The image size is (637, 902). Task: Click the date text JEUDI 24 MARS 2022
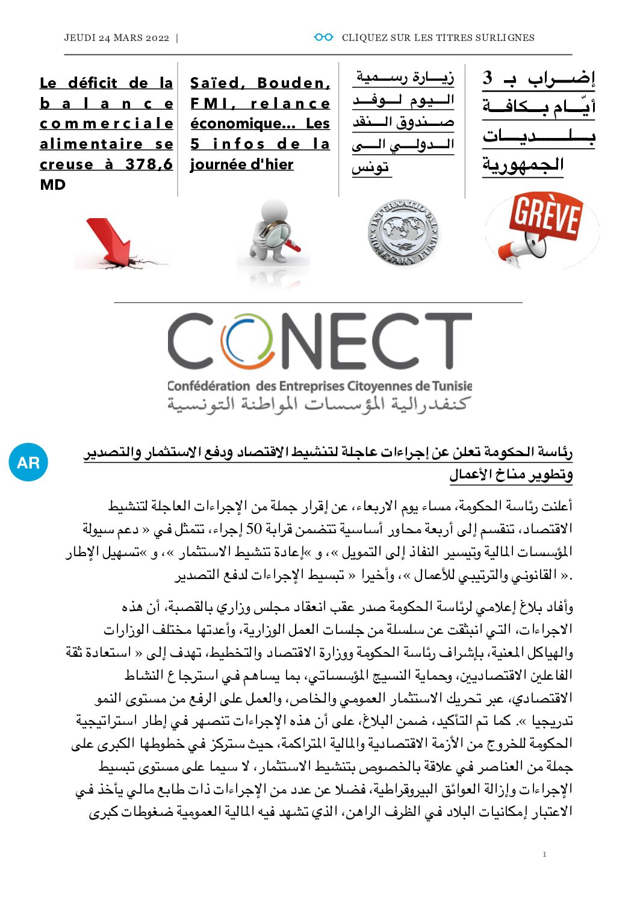(x=117, y=37)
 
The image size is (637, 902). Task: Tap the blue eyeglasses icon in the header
(x=323, y=37)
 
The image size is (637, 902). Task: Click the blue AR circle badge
(x=28, y=463)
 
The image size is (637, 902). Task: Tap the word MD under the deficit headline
(x=52, y=184)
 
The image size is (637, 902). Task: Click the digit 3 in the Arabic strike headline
(x=488, y=78)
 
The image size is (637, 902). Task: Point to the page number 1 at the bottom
(x=544, y=854)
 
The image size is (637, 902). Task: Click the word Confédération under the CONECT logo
(x=208, y=386)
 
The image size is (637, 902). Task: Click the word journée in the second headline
(x=217, y=164)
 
